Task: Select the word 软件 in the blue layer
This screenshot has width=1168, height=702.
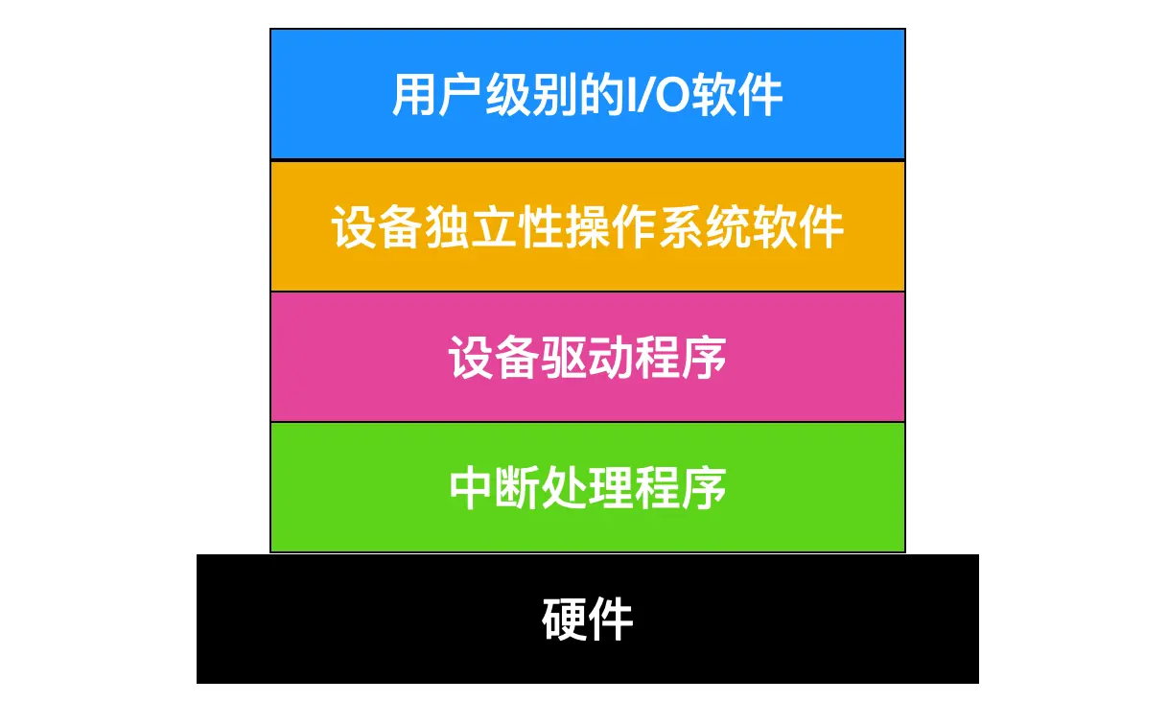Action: tap(743, 95)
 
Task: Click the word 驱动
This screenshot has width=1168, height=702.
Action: tap(587, 358)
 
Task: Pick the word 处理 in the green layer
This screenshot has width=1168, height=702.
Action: tap(587, 488)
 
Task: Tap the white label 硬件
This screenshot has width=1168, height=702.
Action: tap(587, 619)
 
